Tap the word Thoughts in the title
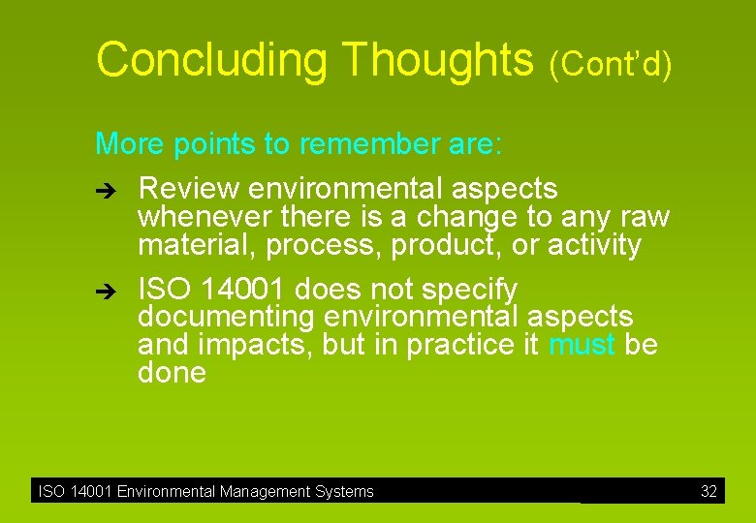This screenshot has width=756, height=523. [x=438, y=60]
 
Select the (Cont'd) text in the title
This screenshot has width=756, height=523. [x=610, y=64]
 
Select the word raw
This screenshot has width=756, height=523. [x=644, y=217]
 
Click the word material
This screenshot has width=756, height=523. [x=197, y=246]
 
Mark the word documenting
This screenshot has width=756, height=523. [x=225, y=318]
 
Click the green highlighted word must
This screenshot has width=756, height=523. [x=582, y=345]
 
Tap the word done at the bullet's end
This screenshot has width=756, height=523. [x=172, y=373]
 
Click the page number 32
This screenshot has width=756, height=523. [x=709, y=492]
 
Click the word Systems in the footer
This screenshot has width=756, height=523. [x=344, y=492]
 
